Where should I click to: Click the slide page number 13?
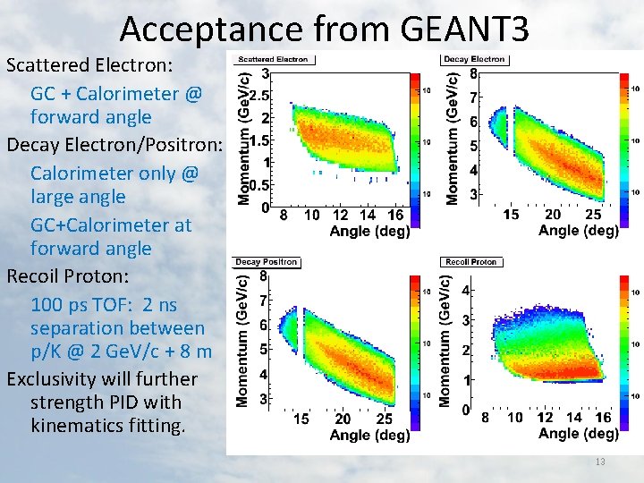tap(600, 462)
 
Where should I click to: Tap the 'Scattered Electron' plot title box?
tap(272, 59)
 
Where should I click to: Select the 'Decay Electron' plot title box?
tap(475, 59)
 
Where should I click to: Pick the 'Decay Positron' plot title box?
tap(266, 262)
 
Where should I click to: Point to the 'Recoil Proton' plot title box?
tap(471, 262)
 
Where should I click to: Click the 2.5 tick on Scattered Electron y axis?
tap(260, 95)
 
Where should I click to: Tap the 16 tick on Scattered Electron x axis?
tap(394, 216)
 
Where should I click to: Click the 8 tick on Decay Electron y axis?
tap(473, 74)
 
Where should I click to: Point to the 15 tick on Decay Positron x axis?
tap(301, 418)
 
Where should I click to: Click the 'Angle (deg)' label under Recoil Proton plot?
tap(578, 434)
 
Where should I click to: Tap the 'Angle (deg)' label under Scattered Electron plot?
tap(369, 232)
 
